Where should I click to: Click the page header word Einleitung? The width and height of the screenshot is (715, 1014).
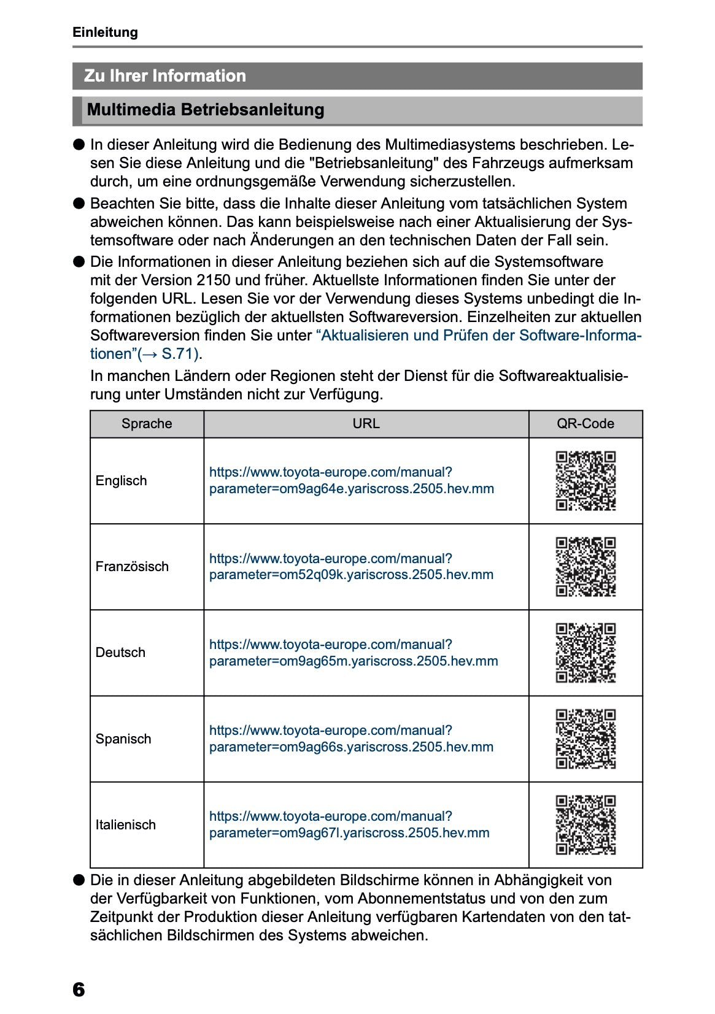coord(105,33)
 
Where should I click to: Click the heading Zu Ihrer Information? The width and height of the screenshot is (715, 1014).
coord(164,76)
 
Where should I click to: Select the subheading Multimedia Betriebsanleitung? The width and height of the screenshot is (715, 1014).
coord(206,110)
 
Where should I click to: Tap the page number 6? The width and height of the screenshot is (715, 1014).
coord(79,989)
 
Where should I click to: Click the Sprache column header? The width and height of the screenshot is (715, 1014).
coord(147,424)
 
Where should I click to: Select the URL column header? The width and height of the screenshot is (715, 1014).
coord(366,424)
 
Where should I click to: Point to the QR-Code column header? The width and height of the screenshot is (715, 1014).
coord(585,424)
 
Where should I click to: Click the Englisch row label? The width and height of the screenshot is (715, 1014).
coord(121,481)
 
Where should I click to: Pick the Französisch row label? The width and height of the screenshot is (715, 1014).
coord(132,567)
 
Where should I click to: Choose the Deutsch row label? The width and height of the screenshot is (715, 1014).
coord(120,653)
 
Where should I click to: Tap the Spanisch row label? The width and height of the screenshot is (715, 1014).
coord(123,739)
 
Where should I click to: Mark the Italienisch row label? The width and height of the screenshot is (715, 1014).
coord(125,825)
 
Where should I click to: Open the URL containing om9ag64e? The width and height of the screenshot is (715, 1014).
coord(351,481)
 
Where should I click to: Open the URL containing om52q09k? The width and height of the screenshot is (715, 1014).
coord(351,567)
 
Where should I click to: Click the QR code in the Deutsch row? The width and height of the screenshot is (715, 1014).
coord(586,653)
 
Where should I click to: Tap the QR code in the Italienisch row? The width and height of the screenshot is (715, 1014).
coord(586,825)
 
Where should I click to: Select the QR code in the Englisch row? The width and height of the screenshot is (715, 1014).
coord(586,481)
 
